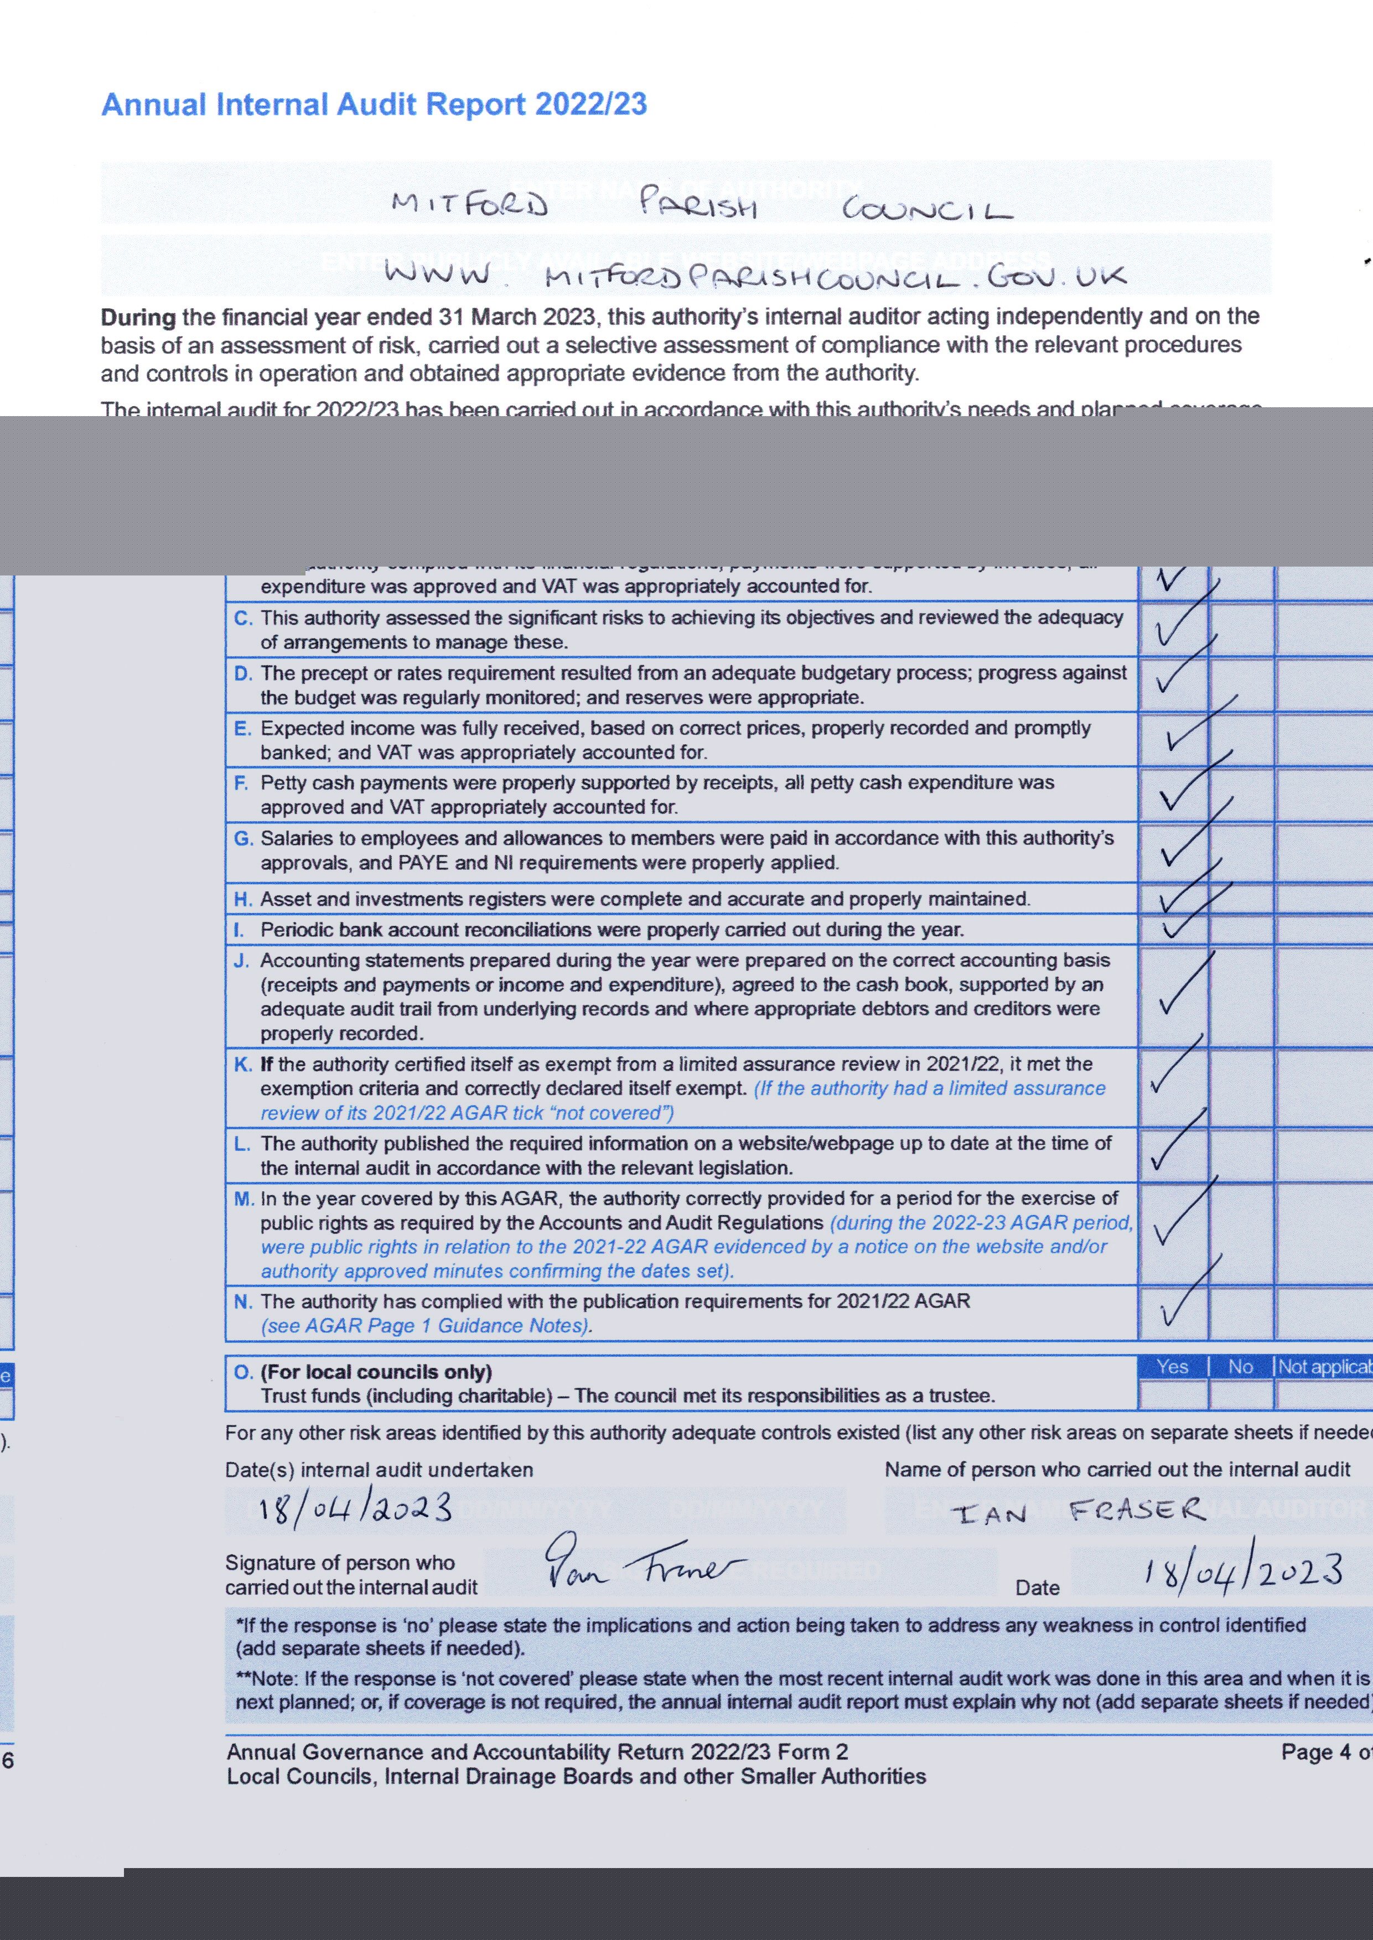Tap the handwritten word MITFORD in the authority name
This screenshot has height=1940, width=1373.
click(x=470, y=205)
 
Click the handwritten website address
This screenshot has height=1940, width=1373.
click(x=755, y=276)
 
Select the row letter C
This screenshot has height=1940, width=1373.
click(x=242, y=618)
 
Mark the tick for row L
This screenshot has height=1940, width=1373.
click(x=1177, y=1141)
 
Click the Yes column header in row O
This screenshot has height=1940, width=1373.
click(x=1172, y=1367)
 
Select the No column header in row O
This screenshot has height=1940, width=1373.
click(x=1240, y=1367)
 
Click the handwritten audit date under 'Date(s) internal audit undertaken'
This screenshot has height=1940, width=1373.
click(x=355, y=1508)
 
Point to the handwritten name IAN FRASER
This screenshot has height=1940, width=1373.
click(x=1078, y=1511)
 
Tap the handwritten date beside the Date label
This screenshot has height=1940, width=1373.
click(x=1243, y=1570)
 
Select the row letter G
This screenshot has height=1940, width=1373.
click(x=242, y=838)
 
